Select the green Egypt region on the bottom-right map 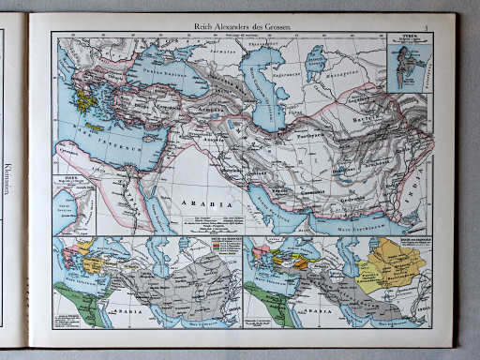click(x=266, y=306)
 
